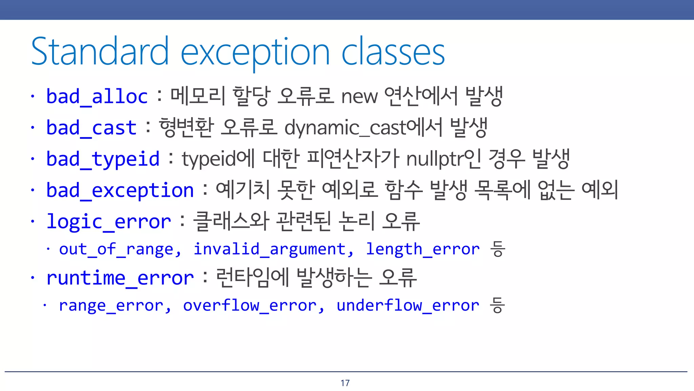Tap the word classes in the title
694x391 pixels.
393,52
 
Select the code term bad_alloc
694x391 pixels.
97,97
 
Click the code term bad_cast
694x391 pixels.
91,128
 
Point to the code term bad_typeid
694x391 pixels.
103,159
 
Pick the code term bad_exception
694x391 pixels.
120,190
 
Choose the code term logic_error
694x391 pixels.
108,222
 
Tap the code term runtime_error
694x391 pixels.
120,278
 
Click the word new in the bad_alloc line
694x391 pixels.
359,97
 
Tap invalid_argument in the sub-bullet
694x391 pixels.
269,249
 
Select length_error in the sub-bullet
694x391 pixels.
423,249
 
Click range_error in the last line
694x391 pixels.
111,305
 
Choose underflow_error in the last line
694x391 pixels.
408,305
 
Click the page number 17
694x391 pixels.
345,383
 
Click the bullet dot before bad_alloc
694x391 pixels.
33,96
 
